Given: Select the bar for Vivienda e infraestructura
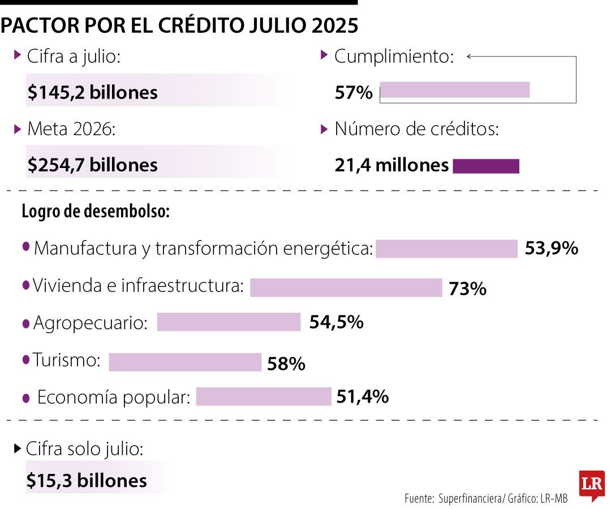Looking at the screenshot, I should pos(346,287).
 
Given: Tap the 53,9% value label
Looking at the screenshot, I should pos(551,248).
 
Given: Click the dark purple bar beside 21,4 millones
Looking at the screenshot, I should pos(486,166).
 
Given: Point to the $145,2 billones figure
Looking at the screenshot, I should pos(93,92).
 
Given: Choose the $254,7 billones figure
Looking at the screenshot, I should pos(93,165).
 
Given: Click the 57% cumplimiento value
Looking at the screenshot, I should pos(354,92).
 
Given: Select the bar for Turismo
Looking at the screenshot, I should pos(185,362).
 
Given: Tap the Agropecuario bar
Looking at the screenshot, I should pos(229,322).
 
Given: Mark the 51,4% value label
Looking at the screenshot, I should pos(362,396).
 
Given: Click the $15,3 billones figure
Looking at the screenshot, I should pos(87,480).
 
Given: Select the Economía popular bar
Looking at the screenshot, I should pos(263,396).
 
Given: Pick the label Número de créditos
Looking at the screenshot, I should pos(416,129).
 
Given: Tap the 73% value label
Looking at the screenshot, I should pos(467,289).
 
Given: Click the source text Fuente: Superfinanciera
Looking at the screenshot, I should pos(453,498).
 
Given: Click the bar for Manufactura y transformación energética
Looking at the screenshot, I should pos(446,248).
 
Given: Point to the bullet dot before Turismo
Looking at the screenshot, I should pos(25,359).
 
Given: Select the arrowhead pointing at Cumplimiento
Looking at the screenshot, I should pos(469,56).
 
